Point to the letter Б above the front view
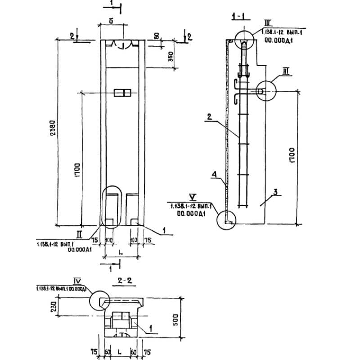point(110,21)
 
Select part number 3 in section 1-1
point(275,192)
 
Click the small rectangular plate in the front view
point(122,93)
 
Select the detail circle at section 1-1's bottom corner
point(227,220)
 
